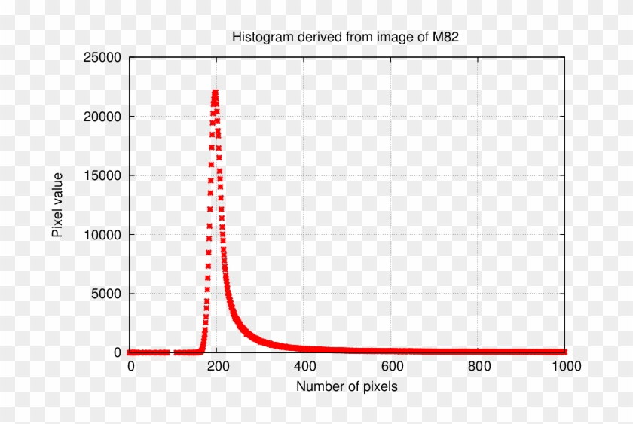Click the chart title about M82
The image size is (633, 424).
click(x=346, y=36)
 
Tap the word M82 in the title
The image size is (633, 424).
click(x=444, y=36)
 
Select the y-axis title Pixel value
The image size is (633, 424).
click(x=57, y=205)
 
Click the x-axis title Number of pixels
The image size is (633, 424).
click(x=347, y=386)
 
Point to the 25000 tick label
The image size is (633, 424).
click(x=102, y=57)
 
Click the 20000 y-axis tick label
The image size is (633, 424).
click(x=102, y=116)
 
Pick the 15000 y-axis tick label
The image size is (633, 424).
click(x=102, y=175)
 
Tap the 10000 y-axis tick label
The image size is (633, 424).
click(x=102, y=234)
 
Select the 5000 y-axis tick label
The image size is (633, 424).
click(x=106, y=293)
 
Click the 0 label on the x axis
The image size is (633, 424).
click(x=130, y=367)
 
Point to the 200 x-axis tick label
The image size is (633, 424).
click(x=217, y=367)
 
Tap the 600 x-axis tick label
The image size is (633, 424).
click(x=391, y=367)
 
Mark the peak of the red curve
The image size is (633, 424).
click(x=215, y=93)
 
